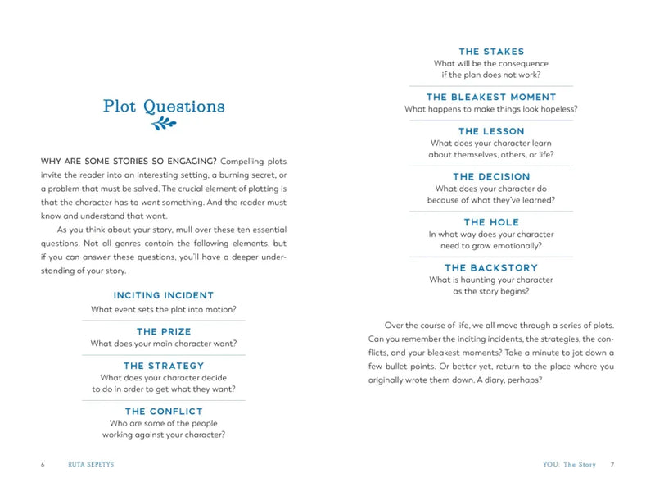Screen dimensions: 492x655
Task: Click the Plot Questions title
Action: pyautogui.click(x=164, y=107)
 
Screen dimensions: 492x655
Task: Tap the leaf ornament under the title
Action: pyautogui.click(x=164, y=125)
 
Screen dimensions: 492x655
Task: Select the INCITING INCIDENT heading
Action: pyautogui.click(x=164, y=295)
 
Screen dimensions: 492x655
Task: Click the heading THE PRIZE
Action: pyautogui.click(x=164, y=332)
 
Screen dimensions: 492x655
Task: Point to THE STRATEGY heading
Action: pyautogui.click(x=164, y=366)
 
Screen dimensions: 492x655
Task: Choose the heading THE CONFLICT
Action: pyautogui.click(x=164, y=411)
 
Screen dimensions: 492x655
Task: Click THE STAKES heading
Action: pyautogui.click(x=491, y=52)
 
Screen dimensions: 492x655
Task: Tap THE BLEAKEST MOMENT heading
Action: pyautogui.click(x=491, y=97)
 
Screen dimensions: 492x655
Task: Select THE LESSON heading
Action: pyautogui.click(x=491, y=131)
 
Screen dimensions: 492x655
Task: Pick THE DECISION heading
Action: pyautogui.click(x=491, y=176)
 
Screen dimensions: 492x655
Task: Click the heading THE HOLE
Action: pyautogui.click(x=491, y=222)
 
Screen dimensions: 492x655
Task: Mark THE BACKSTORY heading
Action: pyautogui.click(x=491, y=267)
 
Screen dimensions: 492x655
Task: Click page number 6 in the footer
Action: pyautogui.click(x=43, y=465)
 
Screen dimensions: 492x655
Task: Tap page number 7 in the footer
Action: pyautogui.click(x=612, y=465)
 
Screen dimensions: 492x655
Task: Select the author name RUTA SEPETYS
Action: pyautogui.click(x=91, y=465)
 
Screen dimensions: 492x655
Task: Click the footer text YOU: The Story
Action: pyautogui.click(x=569, y=465)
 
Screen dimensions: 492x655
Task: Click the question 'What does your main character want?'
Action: pyautogui.click(x=164, y=344)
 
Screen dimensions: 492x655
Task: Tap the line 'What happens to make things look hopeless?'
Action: pyautogui.click(x=491, y=109)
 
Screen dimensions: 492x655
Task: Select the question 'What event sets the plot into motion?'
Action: pyautogui.click(x=164, y=309)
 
